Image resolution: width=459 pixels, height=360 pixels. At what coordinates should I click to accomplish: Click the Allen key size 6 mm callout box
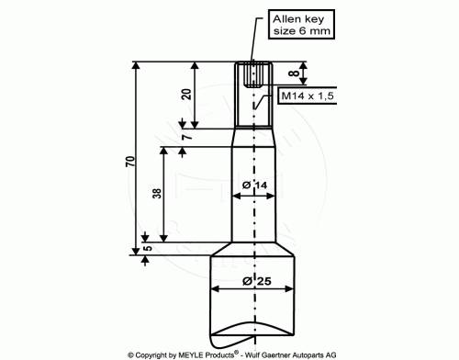pyautogui.click(x=301, y=25)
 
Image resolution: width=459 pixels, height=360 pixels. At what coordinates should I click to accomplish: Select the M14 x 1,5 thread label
pyautogui.click(x=308, y=96)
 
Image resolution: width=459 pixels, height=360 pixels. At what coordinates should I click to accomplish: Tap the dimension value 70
pyautogui.click(x=130, y=162)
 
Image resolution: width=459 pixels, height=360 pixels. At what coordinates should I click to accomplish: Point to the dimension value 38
pyautogui.click(x=157, y=194)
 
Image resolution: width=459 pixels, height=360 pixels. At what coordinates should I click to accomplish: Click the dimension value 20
pyautogui.click(x=186, y=94)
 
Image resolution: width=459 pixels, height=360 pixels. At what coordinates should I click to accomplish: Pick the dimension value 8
pyautogui.click(x=294, y=73)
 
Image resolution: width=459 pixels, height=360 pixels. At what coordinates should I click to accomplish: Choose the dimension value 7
pyautogui.click(x=187, y=136)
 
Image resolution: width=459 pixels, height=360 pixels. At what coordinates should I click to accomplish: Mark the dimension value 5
pyautogui.click(x=148, y=248)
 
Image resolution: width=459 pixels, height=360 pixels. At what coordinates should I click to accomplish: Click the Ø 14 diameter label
pyautogui.click(x=254, y=186)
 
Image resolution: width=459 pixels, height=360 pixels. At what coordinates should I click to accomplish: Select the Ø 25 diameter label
pyautogui.click(x=257, y=281)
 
